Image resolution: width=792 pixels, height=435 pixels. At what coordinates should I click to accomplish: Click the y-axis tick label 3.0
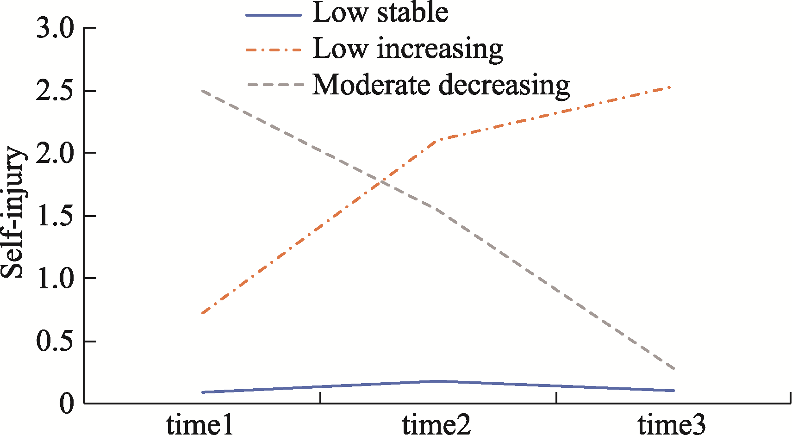tap(55, 29)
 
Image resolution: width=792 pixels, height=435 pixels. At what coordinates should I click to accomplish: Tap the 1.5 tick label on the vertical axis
tap(55, 217)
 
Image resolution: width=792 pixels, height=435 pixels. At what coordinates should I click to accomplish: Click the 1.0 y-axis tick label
tap(55, 279)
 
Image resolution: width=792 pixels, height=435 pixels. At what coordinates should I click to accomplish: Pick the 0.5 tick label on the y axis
tap(55, 342)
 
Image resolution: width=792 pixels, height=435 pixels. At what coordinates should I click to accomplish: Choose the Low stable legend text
tap(380, 12)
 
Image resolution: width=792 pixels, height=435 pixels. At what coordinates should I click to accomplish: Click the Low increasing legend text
tap(408, 49)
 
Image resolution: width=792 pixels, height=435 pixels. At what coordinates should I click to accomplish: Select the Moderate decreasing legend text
tap(441, 86)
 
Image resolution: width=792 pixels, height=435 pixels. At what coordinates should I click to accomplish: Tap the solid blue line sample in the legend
tap(274, 15)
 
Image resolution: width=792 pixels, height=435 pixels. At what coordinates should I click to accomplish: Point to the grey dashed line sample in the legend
tap(274, 85)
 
